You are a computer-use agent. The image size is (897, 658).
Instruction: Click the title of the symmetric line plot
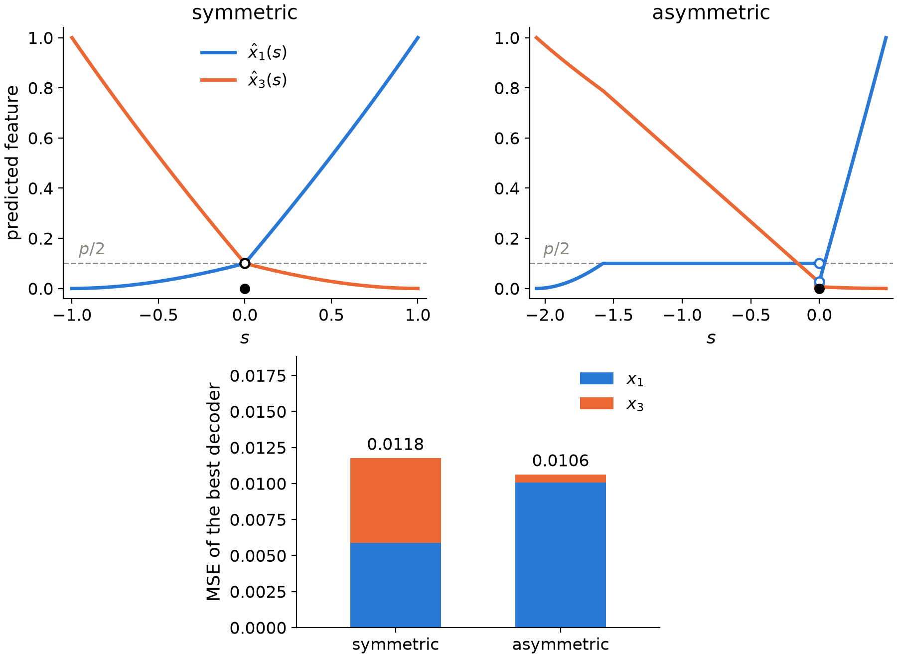tap(245, 13)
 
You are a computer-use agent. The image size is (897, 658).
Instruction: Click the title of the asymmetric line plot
tap(711, 13)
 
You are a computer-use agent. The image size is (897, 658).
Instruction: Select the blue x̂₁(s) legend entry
tap(244, 52)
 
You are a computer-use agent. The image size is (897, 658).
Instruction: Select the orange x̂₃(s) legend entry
tap(244, 80)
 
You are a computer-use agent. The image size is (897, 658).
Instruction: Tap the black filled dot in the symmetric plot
tap(245, 289)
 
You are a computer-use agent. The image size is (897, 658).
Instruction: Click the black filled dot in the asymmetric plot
tap(819, 289)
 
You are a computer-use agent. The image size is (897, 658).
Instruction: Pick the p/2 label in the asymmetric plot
tap(556, 249)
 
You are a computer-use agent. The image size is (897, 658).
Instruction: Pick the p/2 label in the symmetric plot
tap(92, 249)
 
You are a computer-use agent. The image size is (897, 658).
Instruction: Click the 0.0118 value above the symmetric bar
tap(396, 444)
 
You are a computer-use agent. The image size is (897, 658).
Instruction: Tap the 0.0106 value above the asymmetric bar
tap(561, 461)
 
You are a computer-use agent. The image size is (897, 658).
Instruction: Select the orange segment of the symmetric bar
tap(396, 500)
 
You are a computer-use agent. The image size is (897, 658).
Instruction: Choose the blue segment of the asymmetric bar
tap(561, 555)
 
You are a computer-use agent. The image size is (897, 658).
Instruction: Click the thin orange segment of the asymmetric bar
tap(561, 479)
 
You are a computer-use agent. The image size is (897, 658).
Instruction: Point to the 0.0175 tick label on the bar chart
tap(259, 376)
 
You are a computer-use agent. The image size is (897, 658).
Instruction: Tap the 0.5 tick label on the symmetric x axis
tap(331, 316)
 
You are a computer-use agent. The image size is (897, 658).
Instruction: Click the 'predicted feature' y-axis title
tap(13, 163)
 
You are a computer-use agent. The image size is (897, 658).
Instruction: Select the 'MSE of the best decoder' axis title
tap(214, 492)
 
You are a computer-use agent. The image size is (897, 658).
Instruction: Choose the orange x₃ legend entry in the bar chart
tap(612, 404)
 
